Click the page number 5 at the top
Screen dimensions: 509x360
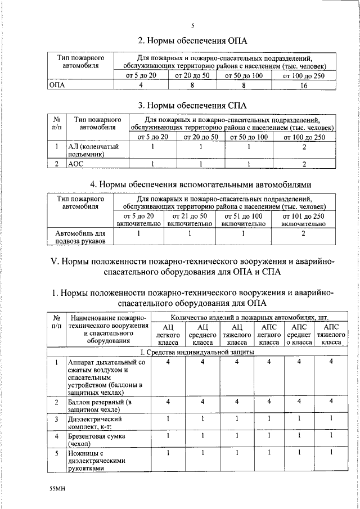point(192,26)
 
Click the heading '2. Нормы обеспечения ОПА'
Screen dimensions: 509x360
point(192,40)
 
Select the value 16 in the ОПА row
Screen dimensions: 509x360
point(304,85)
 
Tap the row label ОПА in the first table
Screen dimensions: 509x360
point(57,85)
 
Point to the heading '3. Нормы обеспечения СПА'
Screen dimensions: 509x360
point(192,105)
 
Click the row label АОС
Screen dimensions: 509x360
point(76,164)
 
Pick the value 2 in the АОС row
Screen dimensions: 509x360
point(304,164)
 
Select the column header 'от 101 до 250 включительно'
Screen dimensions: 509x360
point(304,219)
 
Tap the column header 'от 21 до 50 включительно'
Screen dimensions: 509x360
point(190,219)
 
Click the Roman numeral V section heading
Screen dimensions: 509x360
point(192,267)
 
